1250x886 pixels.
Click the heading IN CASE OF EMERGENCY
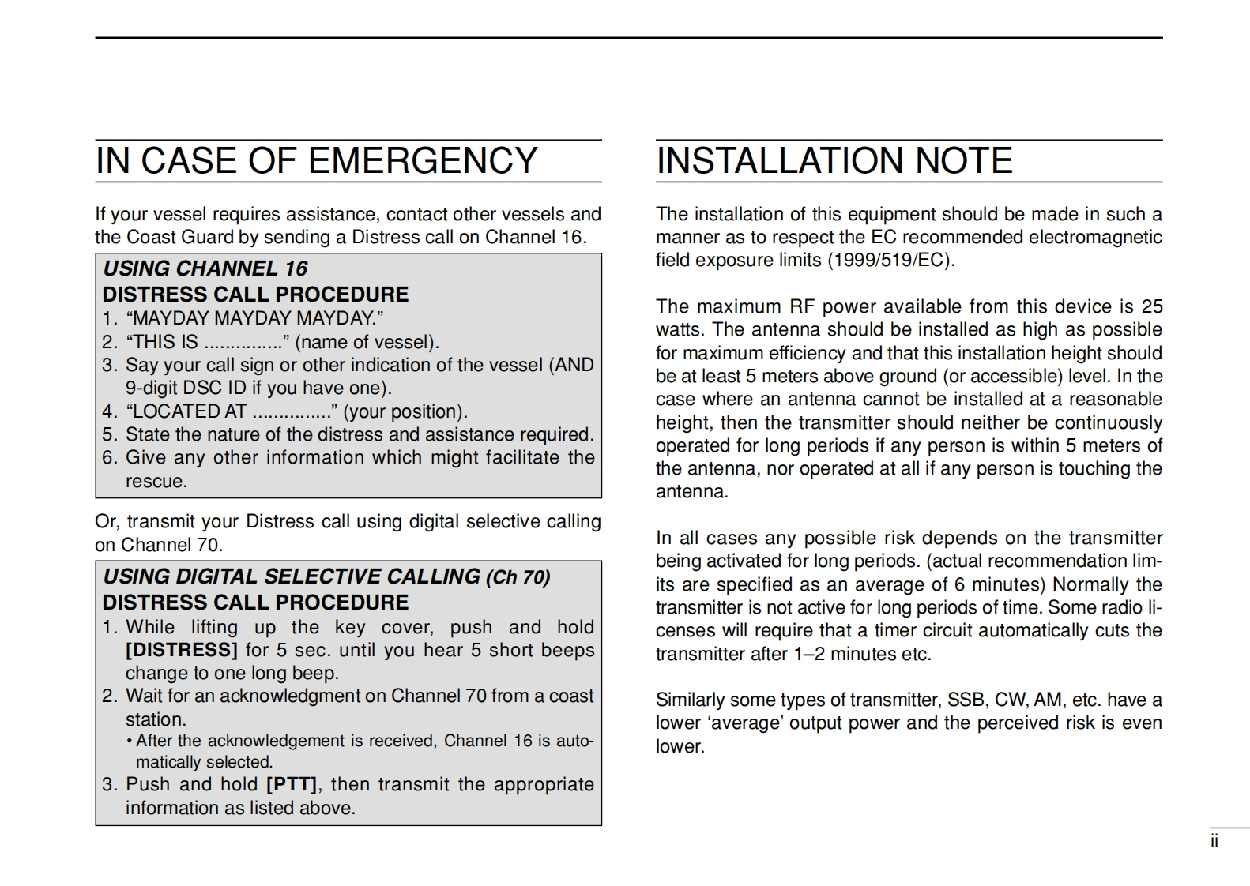point(316,161)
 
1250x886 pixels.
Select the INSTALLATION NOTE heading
point(834,161)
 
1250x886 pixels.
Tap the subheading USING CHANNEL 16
point(205,268)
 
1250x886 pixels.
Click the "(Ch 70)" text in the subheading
point(518,577)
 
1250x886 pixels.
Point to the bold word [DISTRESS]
point(182,650)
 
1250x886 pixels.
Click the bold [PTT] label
point(292,784)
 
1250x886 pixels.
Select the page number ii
point(1214,842)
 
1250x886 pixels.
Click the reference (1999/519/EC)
point(891,261)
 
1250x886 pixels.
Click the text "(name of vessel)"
point(367,342)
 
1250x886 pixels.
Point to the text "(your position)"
point(405,411)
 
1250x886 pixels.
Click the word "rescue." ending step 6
point(156,481)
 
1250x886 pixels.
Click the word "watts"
point(679,329)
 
